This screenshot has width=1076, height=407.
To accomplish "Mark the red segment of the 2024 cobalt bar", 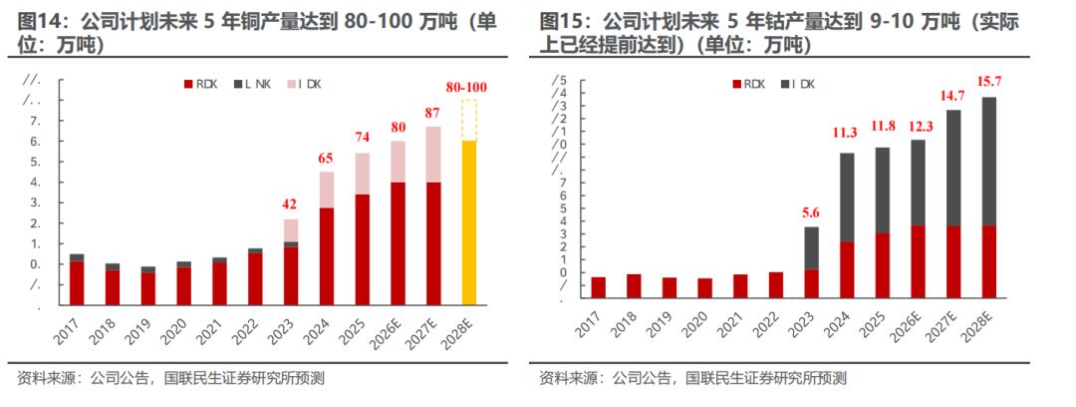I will pos(847,269).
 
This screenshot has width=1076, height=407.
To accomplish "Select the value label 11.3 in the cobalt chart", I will pos(848,132).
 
